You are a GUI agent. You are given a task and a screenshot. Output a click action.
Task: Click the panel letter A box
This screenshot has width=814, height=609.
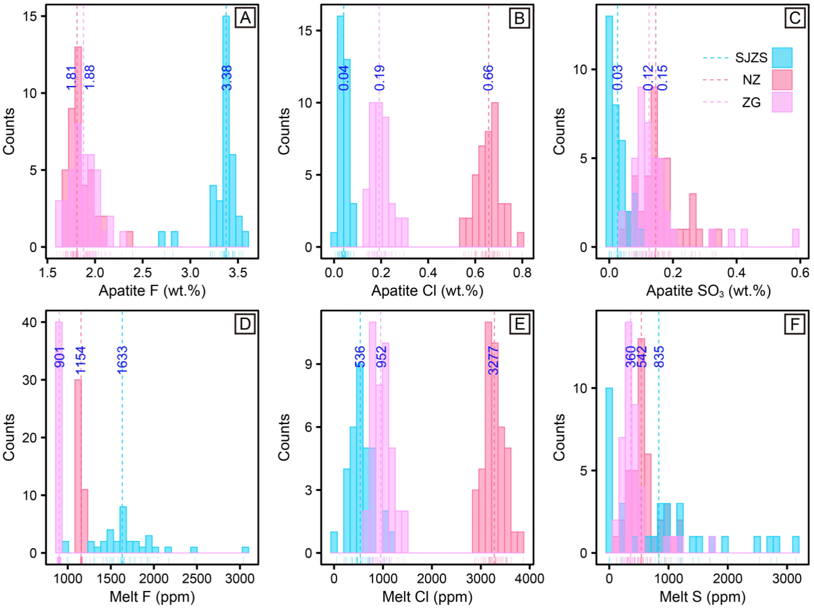244,19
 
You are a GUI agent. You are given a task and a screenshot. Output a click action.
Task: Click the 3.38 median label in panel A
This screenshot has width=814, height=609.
227,77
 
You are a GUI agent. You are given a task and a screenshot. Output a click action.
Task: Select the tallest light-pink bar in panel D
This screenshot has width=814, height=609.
59,437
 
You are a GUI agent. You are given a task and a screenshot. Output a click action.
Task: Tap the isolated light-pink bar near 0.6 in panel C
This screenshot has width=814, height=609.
795,238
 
